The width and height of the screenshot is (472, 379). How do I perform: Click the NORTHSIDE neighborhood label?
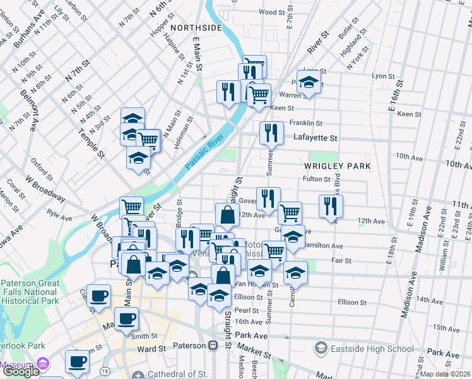tap(196, 28)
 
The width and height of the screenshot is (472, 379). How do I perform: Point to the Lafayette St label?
tap(315, 138)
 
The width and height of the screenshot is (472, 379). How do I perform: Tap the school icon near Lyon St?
tap(309, 83)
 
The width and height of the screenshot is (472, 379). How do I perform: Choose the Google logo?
tap(21, 371)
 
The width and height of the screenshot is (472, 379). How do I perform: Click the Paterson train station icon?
tap(213, 346)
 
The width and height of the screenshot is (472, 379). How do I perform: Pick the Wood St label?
tap(273, 12)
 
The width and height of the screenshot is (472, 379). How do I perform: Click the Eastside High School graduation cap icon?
tap(321, 349)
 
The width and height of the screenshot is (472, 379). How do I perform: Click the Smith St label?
tap(144, 336)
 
